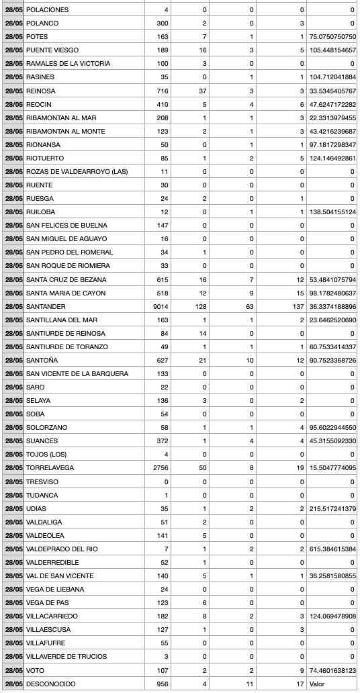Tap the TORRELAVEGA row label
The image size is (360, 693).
[50, 468]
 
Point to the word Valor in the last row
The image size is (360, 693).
[316, 684]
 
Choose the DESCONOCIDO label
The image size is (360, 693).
[50, 684]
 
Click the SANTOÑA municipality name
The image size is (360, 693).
[42, 360]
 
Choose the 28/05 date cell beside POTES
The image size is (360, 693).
[13, 37]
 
